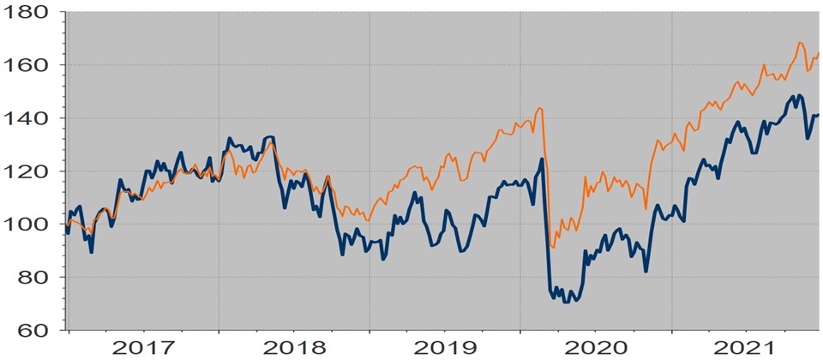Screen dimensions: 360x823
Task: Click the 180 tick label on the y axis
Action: point(30,13)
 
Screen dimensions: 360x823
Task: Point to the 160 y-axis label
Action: point(30,65)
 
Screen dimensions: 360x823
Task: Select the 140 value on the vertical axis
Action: point(30,118)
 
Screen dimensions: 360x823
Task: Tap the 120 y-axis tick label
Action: point(30,171)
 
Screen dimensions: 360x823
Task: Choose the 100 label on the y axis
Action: point(30,225)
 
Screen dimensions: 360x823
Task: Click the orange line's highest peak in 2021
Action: point(800,42)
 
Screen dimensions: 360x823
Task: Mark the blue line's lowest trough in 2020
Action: point(565,303)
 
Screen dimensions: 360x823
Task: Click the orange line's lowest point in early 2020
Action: point(553,248)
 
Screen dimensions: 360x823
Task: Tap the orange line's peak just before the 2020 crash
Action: point(540,108)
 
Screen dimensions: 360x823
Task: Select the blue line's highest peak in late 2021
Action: point(799,95)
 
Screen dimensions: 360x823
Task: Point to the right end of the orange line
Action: point(819,54)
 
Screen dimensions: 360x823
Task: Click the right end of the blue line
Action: point(819,115)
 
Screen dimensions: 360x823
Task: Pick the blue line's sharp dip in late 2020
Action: point(646,272)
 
